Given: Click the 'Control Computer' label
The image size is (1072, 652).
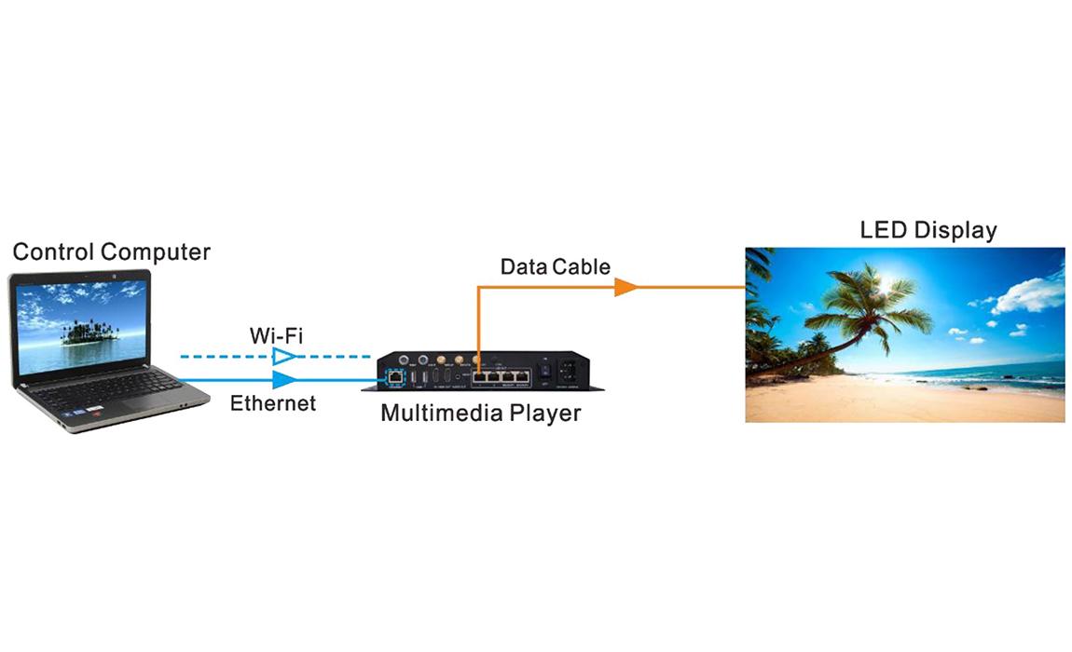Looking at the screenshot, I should coord(112,251).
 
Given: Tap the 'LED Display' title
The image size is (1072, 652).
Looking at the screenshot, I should coord(928,230).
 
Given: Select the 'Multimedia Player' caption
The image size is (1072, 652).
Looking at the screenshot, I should coord(480,413).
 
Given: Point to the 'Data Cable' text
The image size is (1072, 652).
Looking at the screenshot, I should coord(555,267).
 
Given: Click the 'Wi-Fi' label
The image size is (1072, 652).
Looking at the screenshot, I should coord(276,335).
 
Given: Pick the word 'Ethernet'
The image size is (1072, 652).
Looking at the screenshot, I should coord(273,403).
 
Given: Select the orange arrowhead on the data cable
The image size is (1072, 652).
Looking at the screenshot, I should coord(625,287).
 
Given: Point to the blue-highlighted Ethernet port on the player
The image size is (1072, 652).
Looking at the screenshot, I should coord(396,376).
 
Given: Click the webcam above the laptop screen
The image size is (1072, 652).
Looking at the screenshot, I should coord(81,276).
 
